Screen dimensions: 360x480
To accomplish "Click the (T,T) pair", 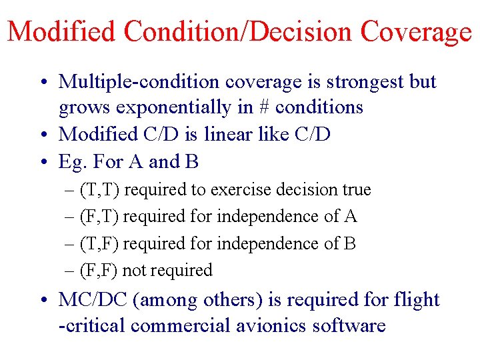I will pos(100,190).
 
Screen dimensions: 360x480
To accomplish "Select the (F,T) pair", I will pos(99,217).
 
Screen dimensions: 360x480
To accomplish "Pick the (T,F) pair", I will pos(99,243).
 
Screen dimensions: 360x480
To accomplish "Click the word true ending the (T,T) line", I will pos(357,190).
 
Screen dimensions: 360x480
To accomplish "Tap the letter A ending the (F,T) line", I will pos(351,217).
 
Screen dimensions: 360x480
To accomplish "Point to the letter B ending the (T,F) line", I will pos(350,243).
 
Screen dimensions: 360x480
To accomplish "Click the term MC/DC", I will pos(93,300).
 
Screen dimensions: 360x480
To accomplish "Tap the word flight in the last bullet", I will pos(415,300).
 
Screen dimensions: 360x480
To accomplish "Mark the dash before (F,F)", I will pos(71,270).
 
